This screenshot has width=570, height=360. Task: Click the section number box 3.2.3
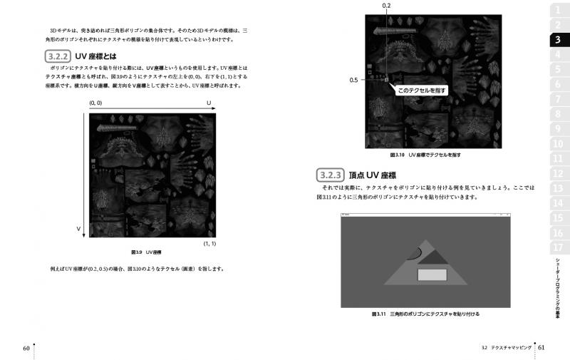[x=331, y=175]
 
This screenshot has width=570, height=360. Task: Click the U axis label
[x=209, y=103]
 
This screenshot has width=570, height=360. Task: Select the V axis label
[x=78, y=228]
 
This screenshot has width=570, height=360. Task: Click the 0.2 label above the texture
[x=386, y=6]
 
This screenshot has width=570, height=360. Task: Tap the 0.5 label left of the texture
[x=354, y=81]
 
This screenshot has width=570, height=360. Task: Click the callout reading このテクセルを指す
[x=422, y=91]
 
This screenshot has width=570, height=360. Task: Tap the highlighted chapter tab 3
[x=557, y=40]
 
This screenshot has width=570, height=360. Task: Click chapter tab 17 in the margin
[x=557, y=247]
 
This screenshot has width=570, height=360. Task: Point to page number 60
[x=26, y=348]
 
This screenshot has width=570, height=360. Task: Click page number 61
[x=541, y=348]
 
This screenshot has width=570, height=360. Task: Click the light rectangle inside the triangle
[x=432, y=274]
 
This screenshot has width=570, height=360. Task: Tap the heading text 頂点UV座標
[x=373, y=175]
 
